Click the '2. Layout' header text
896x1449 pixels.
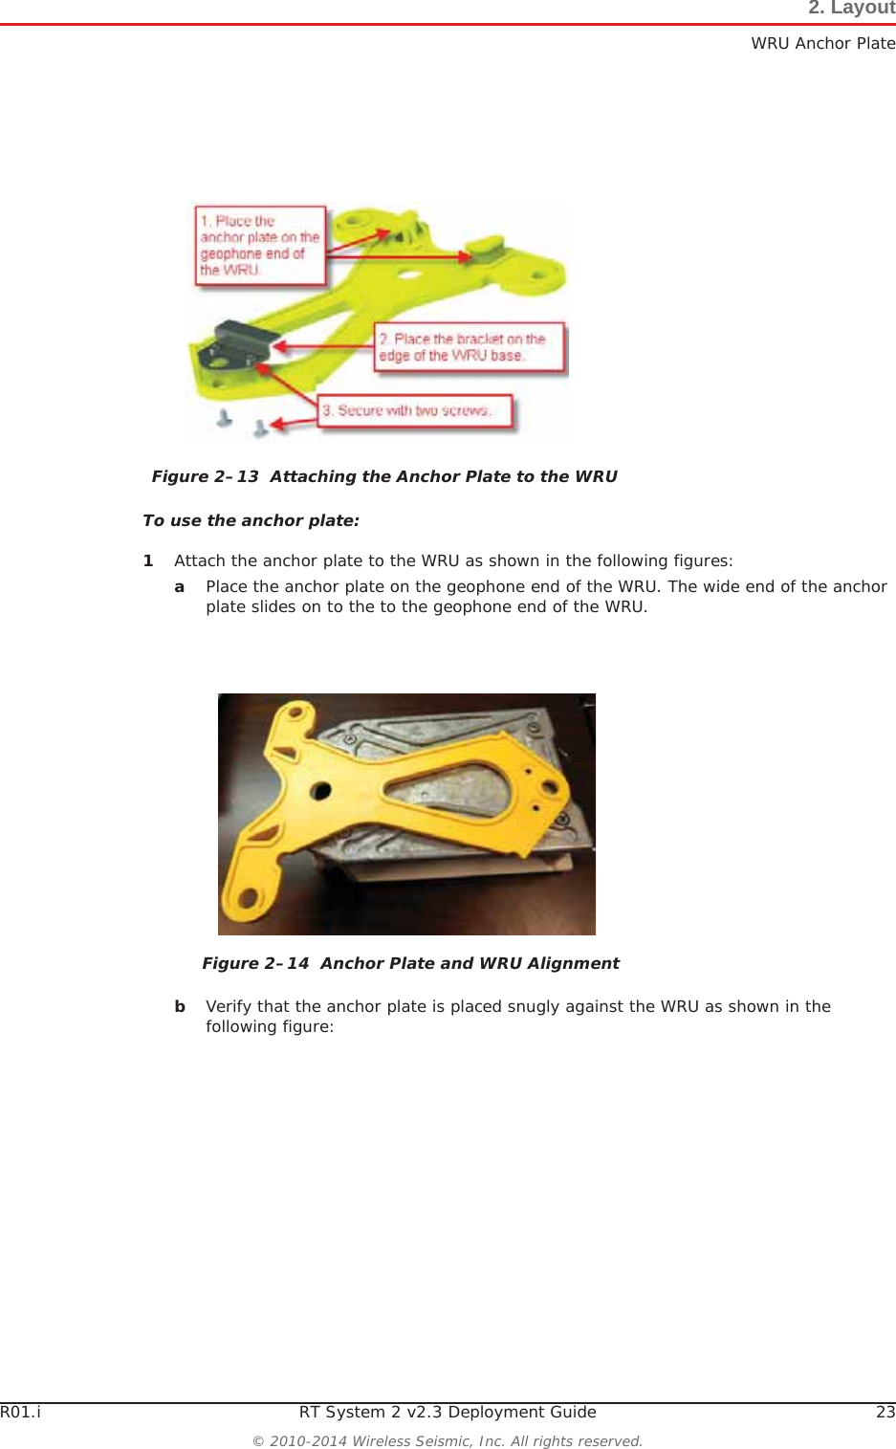[851, 9]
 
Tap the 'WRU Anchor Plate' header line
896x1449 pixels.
[822, 43]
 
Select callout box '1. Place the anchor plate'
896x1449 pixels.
[260, 246]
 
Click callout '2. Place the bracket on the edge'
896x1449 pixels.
[469, 347]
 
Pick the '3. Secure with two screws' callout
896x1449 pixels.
[414, 411]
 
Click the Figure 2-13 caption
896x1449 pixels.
[384, 476]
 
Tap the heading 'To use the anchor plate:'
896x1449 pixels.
[251, 520]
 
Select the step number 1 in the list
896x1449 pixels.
[148, 560]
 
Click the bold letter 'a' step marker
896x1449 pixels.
[179, 586]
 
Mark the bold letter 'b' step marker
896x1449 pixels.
[180, 1006]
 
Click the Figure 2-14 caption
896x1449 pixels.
[410, 963]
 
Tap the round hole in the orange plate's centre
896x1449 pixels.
[321, 791]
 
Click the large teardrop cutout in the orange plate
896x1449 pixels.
[449, 793]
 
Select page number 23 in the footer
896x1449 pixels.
[885, 1412]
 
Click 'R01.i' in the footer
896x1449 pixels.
[20, 1412]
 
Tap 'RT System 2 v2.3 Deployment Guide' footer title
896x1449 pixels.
[448, 1412]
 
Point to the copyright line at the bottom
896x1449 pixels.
[448, 1440]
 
